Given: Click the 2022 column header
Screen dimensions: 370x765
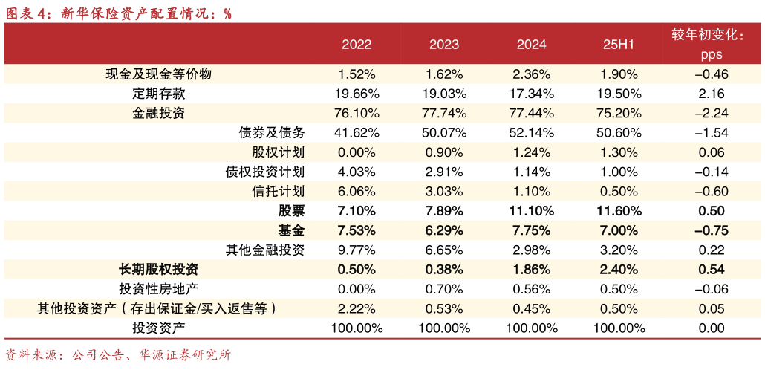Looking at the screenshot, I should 357,45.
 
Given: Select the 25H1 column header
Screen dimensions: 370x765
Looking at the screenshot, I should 618,45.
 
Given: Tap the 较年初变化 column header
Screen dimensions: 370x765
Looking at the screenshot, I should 707,35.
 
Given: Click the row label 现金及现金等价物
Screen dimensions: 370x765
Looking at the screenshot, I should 159,74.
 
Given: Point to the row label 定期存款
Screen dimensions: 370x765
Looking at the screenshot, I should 159,94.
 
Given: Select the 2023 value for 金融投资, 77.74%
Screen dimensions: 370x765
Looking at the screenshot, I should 444,113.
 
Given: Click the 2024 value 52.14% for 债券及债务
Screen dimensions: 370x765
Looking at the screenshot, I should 532,132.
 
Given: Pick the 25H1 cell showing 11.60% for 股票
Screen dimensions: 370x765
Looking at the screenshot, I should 618,210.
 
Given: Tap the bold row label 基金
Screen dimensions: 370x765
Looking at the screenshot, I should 291,230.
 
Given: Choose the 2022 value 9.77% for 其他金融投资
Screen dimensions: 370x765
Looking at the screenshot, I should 357,249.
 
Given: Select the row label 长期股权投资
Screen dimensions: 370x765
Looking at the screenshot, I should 159,269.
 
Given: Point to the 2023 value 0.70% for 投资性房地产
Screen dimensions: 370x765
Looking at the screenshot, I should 444,288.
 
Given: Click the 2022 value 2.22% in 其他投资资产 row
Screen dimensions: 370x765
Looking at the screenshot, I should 357,308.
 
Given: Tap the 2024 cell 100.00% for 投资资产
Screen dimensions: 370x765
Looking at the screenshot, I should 532,328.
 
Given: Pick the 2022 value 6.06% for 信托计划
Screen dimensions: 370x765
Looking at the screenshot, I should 357,191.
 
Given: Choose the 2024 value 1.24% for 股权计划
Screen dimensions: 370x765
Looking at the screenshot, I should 532,152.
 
